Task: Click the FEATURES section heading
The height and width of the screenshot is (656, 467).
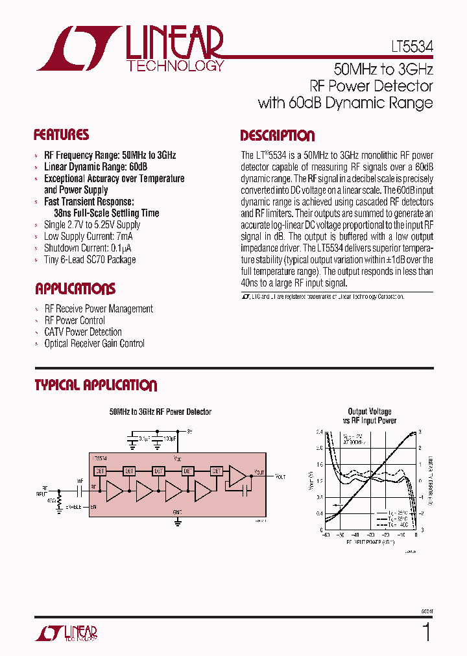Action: [x=61, y=135]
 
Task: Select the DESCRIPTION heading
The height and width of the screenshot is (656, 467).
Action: [x=277, y=136]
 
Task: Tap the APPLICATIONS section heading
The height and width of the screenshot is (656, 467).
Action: [x=75, y=289]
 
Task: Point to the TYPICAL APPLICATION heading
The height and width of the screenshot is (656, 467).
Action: [x=95, y=386]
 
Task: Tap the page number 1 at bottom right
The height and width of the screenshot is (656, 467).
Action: [x=425, y=633]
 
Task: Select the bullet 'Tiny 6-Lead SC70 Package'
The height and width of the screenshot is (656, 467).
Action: [x=90, y=260]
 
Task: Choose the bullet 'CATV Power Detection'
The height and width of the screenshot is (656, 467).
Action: [x=82, y=332]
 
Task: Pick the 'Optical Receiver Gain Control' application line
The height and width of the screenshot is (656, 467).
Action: [x=94, y=344]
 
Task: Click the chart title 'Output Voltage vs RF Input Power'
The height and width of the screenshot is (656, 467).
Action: [x=370, y=416]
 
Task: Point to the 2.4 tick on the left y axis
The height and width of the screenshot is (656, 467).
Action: [x=319, y=432]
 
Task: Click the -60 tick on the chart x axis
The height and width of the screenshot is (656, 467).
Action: [x=325, y=535]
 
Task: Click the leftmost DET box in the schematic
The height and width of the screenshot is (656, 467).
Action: [x=101, y=471]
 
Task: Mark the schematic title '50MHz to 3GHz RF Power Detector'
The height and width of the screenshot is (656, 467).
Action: [x=160, y=412]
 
